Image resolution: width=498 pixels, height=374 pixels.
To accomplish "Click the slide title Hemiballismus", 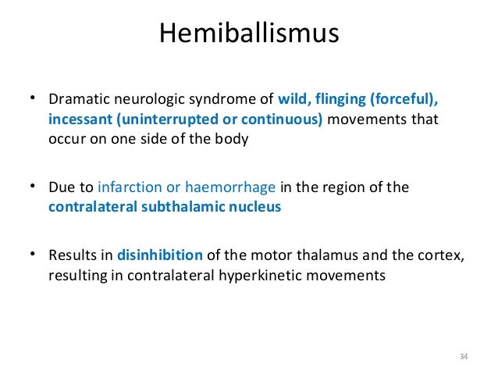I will (x=248, y=34).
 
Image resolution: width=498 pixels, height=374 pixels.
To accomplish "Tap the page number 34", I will (x=463, y=357).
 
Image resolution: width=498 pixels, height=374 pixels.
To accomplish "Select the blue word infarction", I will (x=127, y=187).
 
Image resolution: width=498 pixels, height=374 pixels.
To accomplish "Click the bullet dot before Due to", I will (x=34, y=187).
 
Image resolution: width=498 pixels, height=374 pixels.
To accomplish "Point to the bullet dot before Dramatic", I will (x=34, y=101).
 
